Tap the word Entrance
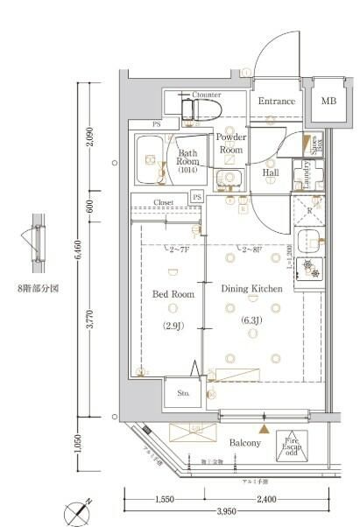pyautogui.click(x=276, y=102)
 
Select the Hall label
pyautogui.click(x=271, y=173)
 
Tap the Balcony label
pyautogui.click(x=245, y=444)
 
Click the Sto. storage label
pyautogui.click(x=183, y=393)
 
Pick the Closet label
pyautogui.click(x=163, y=202)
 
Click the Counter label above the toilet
pyautogui.click(x=206, y=95)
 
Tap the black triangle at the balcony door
pyautogui.click(x=264, y=428)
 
